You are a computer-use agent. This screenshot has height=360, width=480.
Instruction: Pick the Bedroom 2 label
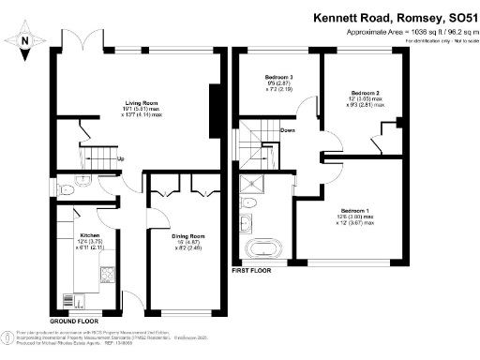pos(365,94)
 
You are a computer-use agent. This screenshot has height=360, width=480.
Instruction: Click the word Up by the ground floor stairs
pos(121,157)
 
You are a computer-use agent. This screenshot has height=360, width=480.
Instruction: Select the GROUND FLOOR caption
pos(78,321)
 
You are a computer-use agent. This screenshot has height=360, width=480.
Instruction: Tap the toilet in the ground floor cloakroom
pos(68,187)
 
